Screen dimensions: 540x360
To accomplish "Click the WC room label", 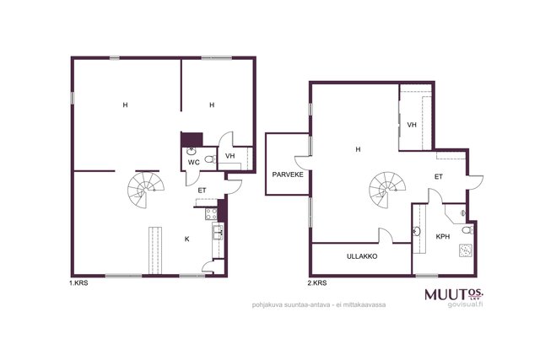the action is click(x=193, y=163).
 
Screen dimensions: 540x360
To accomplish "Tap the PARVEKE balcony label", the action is click(x=288, y=175).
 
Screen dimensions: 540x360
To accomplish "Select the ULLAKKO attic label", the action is click(x=362, y=256).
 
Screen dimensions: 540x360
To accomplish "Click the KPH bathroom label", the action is click(x=442, y=237).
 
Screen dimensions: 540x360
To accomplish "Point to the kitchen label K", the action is click(x=187, y=239).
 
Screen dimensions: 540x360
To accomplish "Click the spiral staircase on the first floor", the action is click(x=145, y=190).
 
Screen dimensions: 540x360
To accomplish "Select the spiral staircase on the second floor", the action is click(x=387, y=191).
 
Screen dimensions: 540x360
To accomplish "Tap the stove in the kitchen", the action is click(x=211, y=214).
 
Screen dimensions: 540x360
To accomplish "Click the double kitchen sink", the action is click(x=218, y=231).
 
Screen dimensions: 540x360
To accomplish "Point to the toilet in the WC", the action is click(x=210, y=159).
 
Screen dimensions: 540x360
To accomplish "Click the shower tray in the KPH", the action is click(x=466, y=250).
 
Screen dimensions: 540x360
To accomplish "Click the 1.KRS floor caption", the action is click(x=78, y=283).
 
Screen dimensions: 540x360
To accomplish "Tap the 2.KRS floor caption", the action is click(x=317, y=283).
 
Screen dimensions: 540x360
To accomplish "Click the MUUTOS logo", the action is click(x=454, y=294).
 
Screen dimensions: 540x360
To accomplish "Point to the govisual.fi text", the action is click(x=465, y=304).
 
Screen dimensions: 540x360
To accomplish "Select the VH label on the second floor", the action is click(x=412, y=125).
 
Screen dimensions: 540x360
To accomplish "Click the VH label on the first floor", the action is click(x=230, y=156).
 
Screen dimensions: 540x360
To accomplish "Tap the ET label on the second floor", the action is click(x=439, y=177).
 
